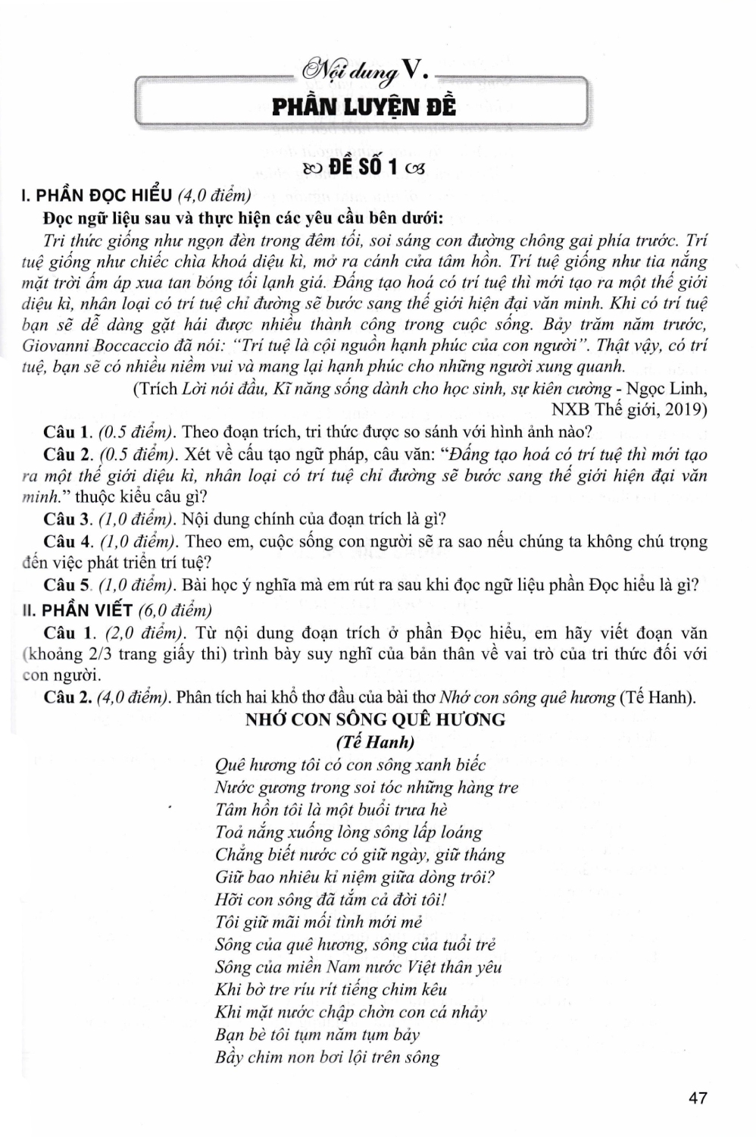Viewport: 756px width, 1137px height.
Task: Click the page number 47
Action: (697, 1097)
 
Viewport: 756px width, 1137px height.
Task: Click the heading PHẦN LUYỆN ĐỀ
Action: (364, 107)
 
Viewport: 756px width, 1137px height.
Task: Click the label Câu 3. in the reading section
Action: (69, 519)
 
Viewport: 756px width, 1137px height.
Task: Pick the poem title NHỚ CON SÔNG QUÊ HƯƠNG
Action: (375, 719)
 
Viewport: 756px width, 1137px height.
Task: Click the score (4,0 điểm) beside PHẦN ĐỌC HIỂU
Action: (214, 196)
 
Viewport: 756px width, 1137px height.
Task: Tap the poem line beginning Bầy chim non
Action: (326, 1057)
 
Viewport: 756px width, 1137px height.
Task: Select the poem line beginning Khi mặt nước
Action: (351, 1012)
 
